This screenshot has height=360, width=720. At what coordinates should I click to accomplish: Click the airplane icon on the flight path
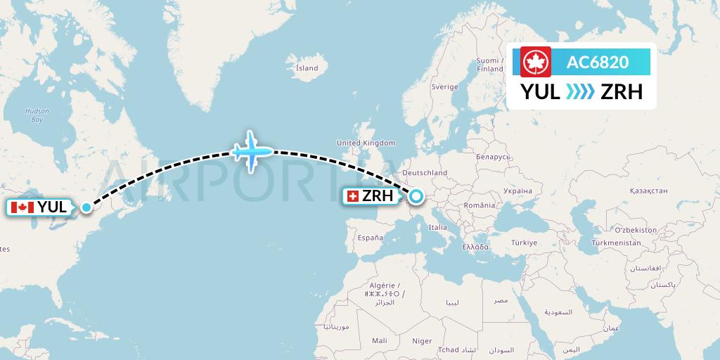point(252,150)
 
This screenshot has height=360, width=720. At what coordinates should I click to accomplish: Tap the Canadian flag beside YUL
point(22,207)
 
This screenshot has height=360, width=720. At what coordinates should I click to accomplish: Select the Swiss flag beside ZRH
point(352,197)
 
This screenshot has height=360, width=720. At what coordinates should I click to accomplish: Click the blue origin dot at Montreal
point(86,207)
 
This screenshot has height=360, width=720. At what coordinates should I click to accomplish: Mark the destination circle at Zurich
point(415,197)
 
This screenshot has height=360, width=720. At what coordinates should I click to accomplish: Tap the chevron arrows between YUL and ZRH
point(580,92)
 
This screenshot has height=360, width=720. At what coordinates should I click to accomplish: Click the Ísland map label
point(307,68)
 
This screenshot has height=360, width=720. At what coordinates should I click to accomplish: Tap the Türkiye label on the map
point(524,243)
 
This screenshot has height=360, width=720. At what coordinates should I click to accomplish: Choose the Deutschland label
point(424,172)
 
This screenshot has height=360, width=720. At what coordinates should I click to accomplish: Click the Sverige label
point(444,87)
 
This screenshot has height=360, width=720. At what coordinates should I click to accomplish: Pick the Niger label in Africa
point(422,341)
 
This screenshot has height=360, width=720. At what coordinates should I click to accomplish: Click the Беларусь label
point(491,156)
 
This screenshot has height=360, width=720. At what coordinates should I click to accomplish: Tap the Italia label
point(438,227)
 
